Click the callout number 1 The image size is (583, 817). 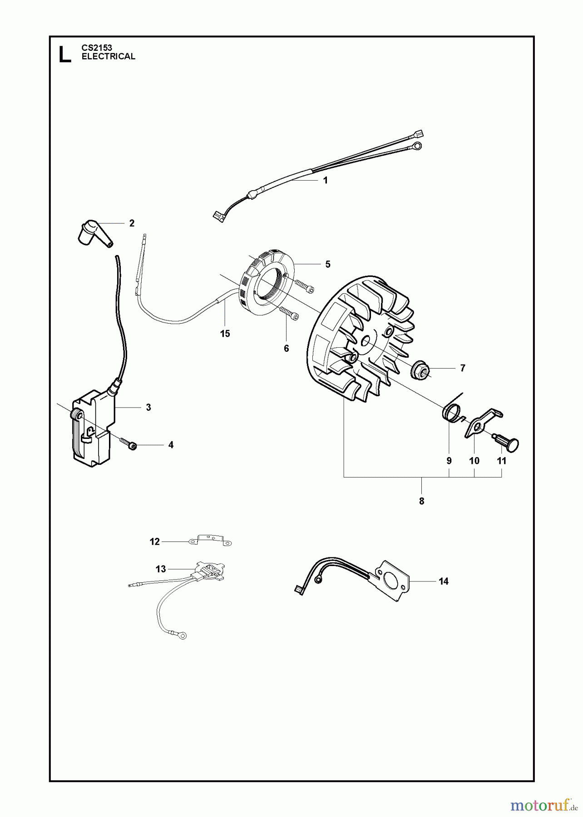pyautogui.click(x=325, y=180)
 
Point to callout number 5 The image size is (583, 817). pyautogui.click(x=328, y=264)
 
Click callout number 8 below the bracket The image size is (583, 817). pyautogui.click(x=421, y=501)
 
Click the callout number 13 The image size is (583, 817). pyautogui.click(x=161, y=569)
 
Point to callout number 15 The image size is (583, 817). pyautogui.click(x=225, y=334)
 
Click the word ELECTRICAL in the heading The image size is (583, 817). pyautogui.click(x=108, y=56)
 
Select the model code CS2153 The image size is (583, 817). pyautogui.click(x=97, y=47)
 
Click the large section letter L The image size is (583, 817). pyautogui.click(x=65, y=53)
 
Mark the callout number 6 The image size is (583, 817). pyautogui.click(x=286, y=348)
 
